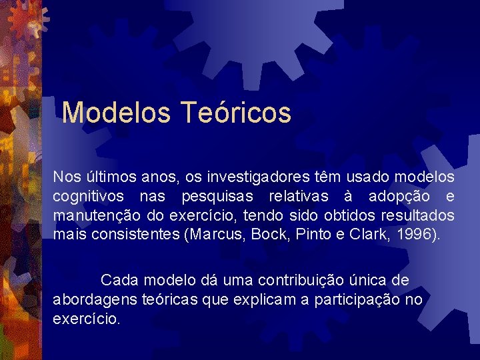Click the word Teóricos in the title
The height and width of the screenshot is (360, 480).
[236, 113]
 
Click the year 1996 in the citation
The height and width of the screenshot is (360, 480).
[415, 235]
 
